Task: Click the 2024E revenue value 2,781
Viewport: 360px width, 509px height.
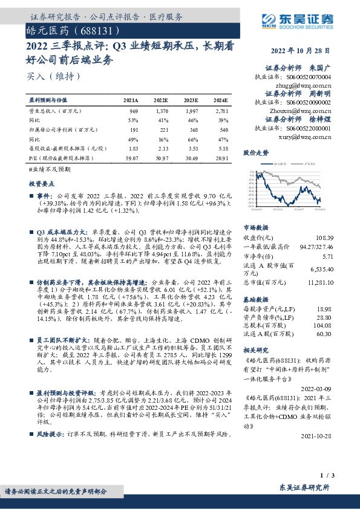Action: (x=221, y=112)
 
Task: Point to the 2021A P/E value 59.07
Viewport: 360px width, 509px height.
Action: (x=130, y=158)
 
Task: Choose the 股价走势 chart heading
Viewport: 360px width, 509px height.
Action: (x=255, y=154)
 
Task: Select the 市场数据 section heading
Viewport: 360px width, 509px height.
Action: (x=255, y=229)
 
